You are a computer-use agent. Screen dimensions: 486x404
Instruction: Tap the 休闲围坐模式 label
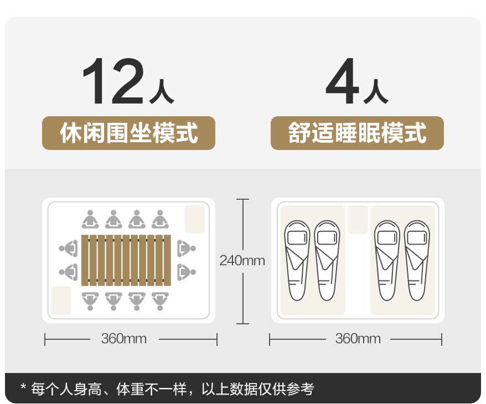pos(128,133)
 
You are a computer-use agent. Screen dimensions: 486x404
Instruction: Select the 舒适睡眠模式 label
pos(357,133)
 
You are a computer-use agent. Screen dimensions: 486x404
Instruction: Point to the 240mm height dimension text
pos(242,260)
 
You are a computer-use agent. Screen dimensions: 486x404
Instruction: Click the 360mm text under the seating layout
pos(124,339)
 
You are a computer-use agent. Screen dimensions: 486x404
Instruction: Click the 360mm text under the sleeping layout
pos(358,339)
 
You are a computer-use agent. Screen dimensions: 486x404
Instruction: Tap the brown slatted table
pos(126,260)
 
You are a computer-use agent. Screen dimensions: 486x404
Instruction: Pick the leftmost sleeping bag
pos(297,260)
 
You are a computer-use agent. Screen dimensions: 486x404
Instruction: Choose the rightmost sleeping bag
pos(417,260)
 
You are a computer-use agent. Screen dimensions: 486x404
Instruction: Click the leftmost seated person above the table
pos(90,220)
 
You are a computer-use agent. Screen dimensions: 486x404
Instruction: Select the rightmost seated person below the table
pos(161,300)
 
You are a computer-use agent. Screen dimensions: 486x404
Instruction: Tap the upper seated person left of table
pos(69,248)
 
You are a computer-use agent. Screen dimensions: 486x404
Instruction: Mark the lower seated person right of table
pos(185,272)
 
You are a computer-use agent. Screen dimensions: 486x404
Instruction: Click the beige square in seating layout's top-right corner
pos(195,219)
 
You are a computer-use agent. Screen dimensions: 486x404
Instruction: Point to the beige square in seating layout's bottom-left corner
pos(61,300)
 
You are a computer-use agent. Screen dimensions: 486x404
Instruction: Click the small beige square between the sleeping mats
pos(358,219)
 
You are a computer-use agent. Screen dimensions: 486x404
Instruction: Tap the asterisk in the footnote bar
pos(23,387)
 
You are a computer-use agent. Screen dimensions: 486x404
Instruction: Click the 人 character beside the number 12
pos(162,94)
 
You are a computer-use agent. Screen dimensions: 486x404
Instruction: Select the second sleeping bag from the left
pos(327,260)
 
